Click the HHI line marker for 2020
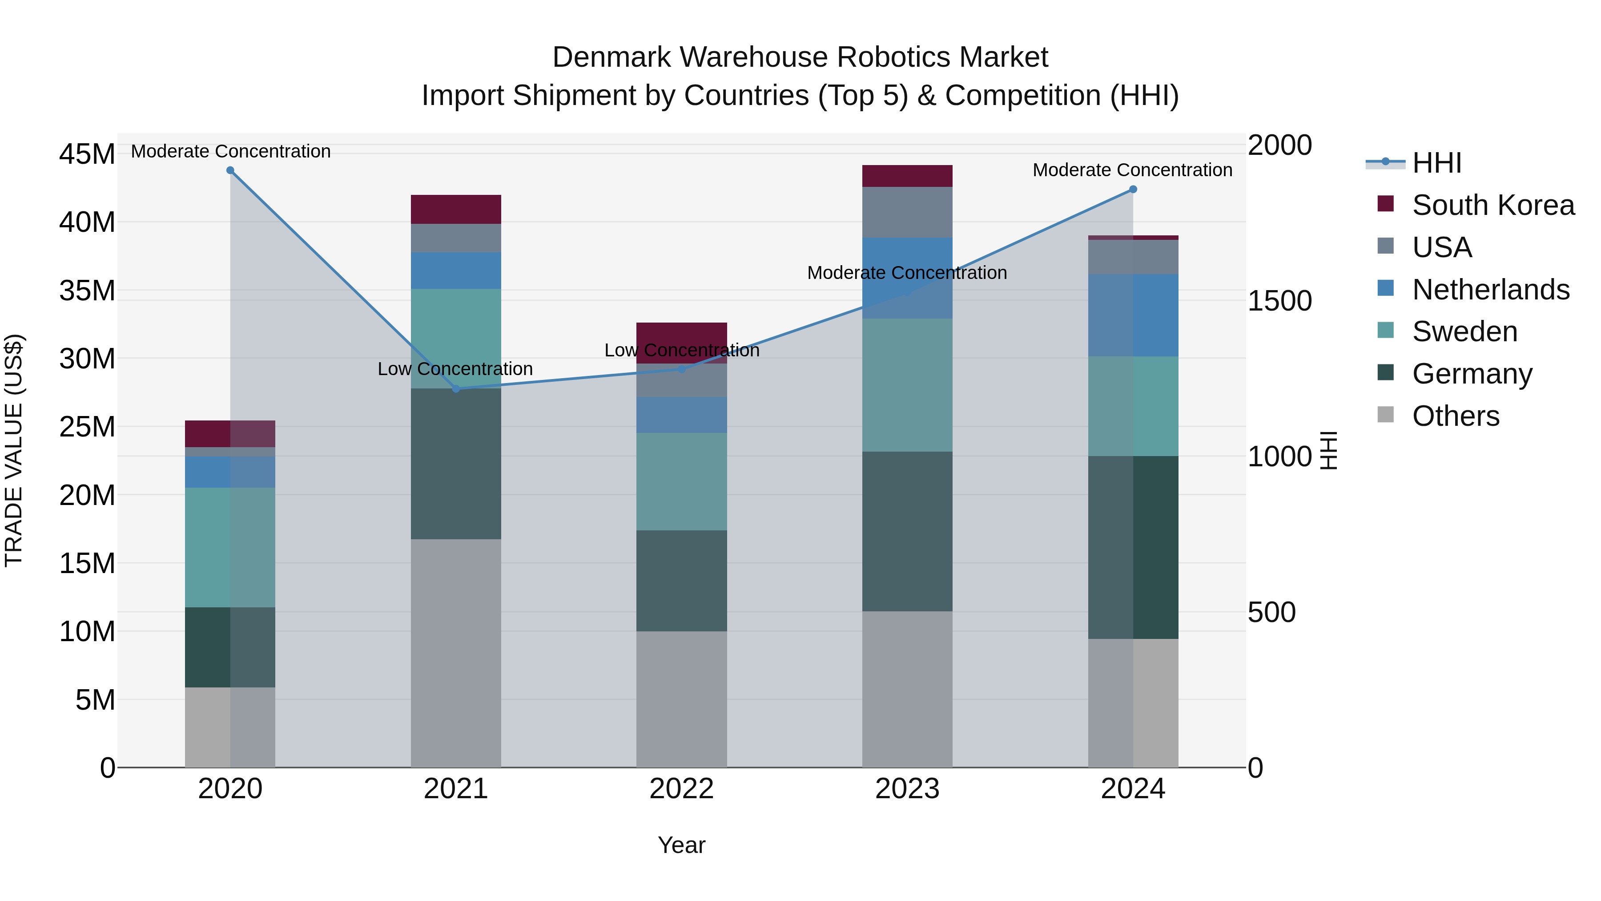pyautogui.click(x=230, y=170)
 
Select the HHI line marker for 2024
pyautogui.click(x=1133, y=189)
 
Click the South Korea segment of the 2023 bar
pyautogui.click(x=907, y=176)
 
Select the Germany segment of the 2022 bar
pyautogui.click(x=681, y=581)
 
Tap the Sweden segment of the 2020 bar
pyautogui.click(x=230, y=547)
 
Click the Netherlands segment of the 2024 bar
pyautogui.click(x=1133, y=315)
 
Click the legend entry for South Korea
pyautogui.click(x=1493, y=205)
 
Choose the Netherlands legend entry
pyautogui.click(x=1490, y=290)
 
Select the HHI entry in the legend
pyautogui.click(x=1436, y=163)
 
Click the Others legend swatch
pyautogui.click(x=1385, y=415)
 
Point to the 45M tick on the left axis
pyautogui.click(x=87, y=154)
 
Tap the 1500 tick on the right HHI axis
pyautogui.click(x=1279, y=301)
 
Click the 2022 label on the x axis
pyautogui.click(x=681, y=789)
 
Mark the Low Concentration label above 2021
pyautogui.click(x=455, y=369)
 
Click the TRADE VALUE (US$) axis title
pyautogui.click(x=14, y=450)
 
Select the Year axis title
pyautogui.click(x=681, y=845)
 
